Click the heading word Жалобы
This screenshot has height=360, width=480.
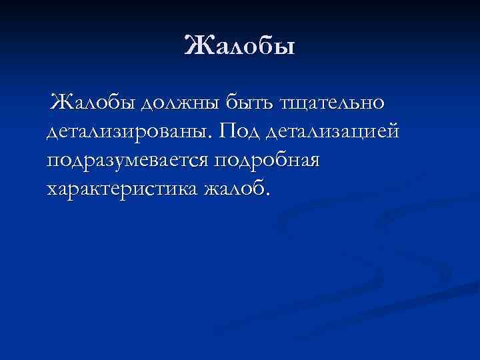(x=239, y=47)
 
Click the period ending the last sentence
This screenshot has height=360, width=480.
(x=269, y=195)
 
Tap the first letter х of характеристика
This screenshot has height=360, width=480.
(x=52, y=191)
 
